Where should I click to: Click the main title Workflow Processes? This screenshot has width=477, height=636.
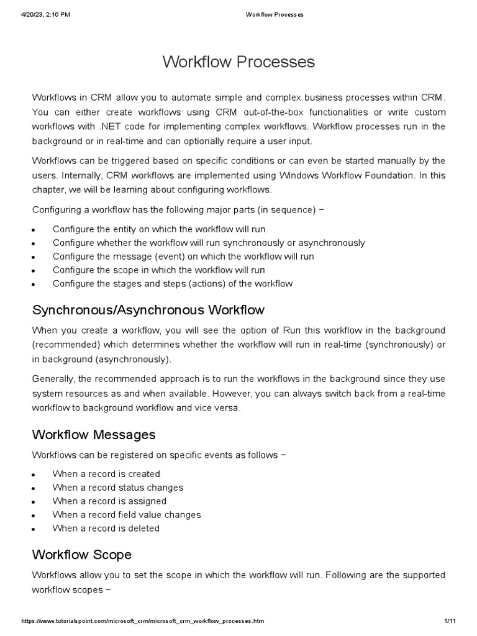pos(238,62)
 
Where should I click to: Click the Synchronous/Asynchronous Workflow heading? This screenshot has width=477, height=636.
pos(148,309)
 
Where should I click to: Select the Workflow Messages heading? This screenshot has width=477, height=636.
pos(93,434)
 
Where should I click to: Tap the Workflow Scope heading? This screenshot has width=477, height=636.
pos(81,554)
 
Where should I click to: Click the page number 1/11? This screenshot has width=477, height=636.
pos(450,621)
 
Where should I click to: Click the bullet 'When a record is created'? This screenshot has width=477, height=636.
pos(106,474)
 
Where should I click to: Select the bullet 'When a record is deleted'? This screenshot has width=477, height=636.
pos(106,529)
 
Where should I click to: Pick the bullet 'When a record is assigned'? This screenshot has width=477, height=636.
pos(109,501)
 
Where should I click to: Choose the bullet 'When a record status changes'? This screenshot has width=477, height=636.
pos(117,488)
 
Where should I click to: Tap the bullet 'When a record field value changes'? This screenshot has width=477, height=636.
pos(127,515)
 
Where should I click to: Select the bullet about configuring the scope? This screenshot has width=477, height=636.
pos(158,270)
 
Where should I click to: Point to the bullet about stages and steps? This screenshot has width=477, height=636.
pos(172,284)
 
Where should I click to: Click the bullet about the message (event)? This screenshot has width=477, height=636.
pos(183,257)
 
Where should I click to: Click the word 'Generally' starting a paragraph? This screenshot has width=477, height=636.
pos(54,379)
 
